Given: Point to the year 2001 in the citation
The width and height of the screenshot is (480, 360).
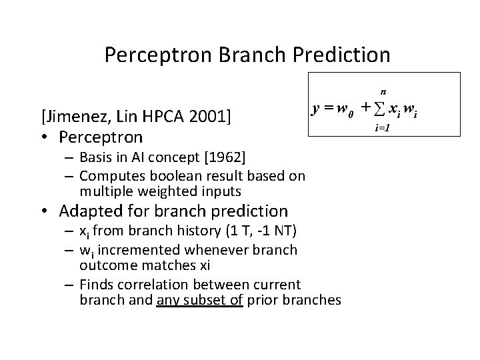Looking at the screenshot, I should (x=206, y=118).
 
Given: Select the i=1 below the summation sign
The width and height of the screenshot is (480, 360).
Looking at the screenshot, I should (x=382, y=127).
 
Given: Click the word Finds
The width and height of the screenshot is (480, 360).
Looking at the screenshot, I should (x=95, y=285).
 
